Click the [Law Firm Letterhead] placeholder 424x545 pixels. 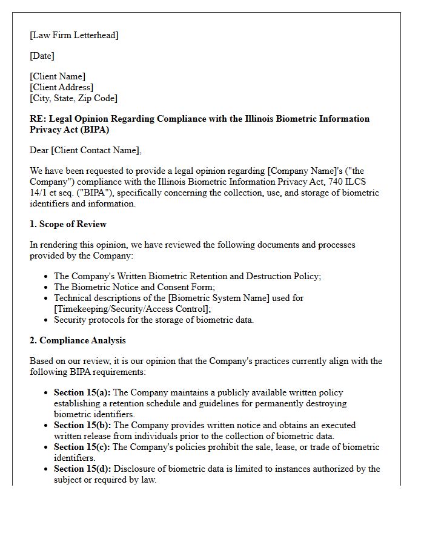coord(74,35)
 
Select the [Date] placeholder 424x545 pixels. coord(42,56)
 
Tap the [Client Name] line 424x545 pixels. coord(58,76)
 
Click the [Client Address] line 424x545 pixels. coord(61,87)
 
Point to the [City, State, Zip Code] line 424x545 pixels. coord(73,98)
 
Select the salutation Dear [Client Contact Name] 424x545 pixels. coord(85,150)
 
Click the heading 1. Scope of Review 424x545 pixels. coord(68,224)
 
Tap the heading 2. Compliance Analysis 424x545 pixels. coord(78,340)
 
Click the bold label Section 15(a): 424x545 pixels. coord(82,392)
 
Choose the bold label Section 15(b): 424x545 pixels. coord(82,425)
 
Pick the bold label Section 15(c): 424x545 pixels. coord(82,447)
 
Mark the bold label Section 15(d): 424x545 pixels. coord(82,469)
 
